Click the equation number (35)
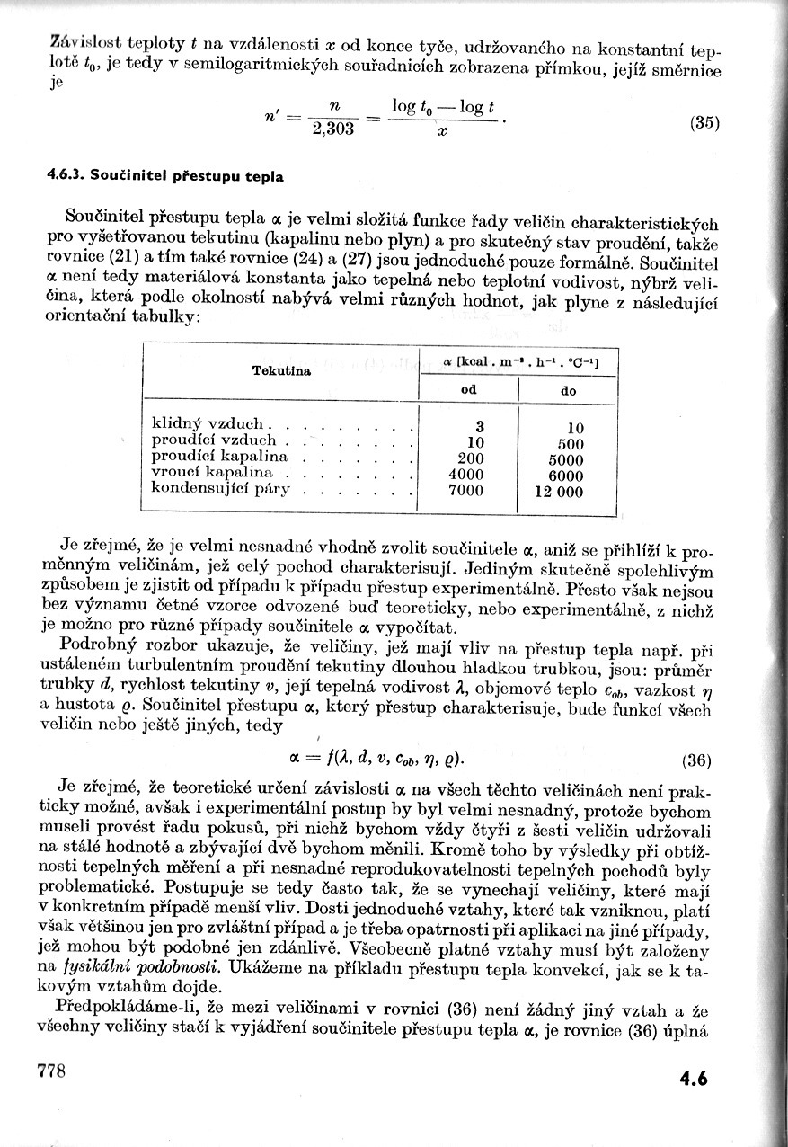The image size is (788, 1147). coord(705,125)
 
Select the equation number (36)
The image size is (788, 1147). coord(697,760)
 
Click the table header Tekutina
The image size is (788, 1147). coord(282,370)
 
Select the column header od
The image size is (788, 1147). coord(468,391)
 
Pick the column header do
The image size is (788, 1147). coord(569,392)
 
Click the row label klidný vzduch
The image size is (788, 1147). coord(208,424)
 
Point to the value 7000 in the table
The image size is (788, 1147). coord(465,491)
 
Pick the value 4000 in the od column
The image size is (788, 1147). coord(465,475)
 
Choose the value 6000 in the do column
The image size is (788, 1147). coord(565,476)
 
